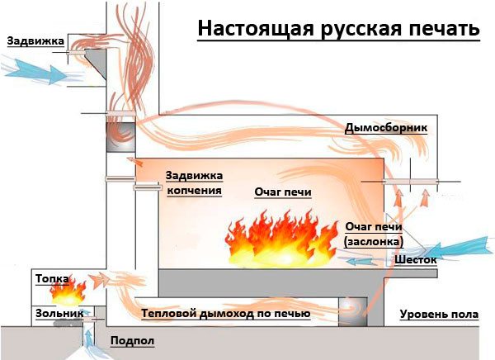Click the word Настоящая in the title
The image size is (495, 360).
[244, 30]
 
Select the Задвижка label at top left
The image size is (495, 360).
[30, 40]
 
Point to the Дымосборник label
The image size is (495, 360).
[385, 128]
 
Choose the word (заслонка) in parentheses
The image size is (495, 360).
[373, 241]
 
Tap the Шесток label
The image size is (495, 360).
[415, 258]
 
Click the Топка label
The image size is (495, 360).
[51, 279]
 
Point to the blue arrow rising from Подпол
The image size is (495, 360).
[88, 339]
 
